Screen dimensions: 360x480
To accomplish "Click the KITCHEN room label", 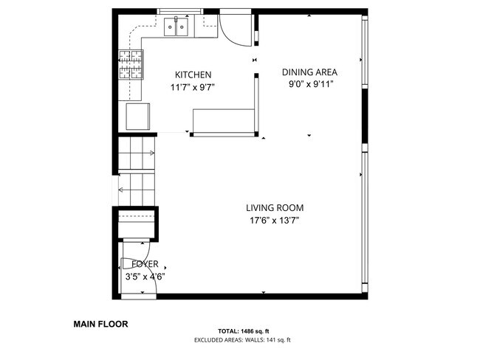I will click(x=193, y=75).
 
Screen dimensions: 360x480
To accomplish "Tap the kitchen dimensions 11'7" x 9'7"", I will click(x=193, y=87).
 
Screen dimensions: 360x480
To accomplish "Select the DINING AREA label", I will click(x=309, y=72).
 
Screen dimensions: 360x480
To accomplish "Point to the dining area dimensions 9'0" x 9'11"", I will click(x=310, y=84).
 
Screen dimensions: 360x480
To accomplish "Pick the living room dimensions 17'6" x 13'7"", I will click(x=274, y=221).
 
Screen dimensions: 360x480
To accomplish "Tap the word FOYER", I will click(x=144, y=264).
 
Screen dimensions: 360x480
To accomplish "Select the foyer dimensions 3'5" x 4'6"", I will click(x=144, y=277).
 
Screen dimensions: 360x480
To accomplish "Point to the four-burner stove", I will click(x=131, y=64).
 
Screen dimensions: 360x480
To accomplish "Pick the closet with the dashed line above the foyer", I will click(x=136, y=223).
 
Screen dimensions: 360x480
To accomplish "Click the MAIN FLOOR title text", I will click(x=100, y=323).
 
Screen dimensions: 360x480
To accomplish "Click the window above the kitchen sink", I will click(x=180, y=12).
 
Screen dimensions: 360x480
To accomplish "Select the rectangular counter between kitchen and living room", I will click(x=222, y=120).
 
